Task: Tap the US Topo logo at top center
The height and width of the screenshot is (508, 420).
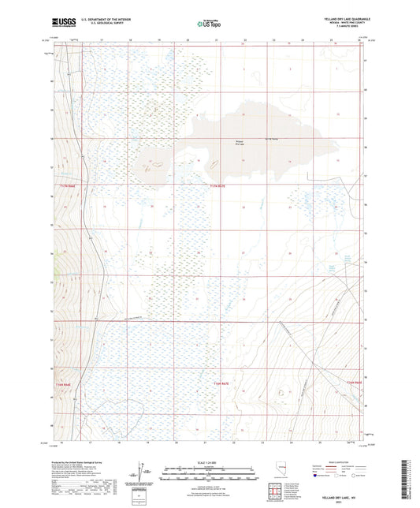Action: coord(209,24)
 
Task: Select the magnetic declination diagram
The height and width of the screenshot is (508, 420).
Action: coord(145,472)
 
